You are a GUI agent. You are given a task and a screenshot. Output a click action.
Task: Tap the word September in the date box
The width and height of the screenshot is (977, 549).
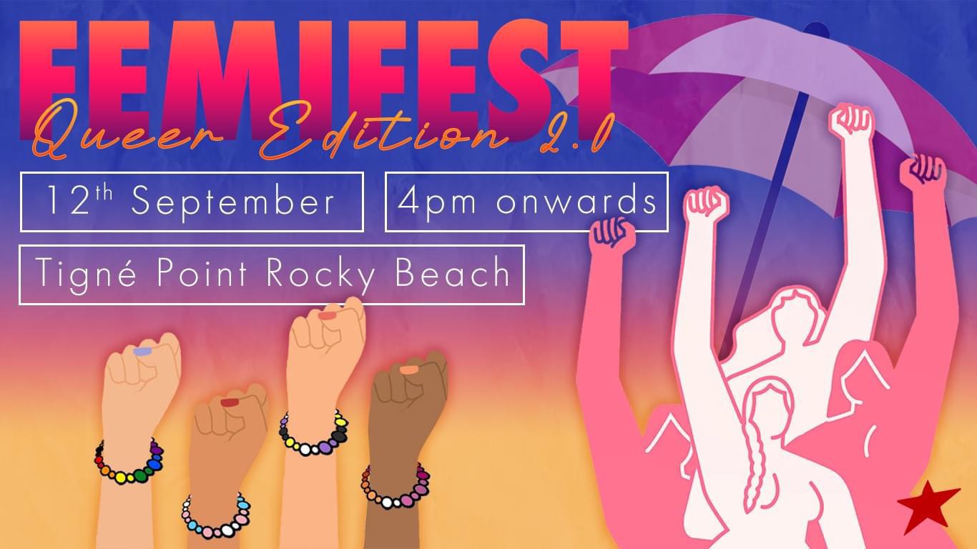(x=233, y=202)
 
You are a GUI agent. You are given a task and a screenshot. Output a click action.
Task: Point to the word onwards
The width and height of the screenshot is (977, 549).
(x=576, y=201)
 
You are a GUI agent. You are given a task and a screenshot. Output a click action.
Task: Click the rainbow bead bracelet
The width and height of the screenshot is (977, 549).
(x=129, y=463)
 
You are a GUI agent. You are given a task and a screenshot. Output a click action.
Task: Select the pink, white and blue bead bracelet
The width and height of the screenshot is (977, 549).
(x=216, y=517)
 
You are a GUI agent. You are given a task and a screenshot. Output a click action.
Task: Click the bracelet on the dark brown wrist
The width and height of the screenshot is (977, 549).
(x=396, y=487)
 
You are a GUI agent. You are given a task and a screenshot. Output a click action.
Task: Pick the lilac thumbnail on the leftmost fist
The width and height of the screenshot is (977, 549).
(x=142, y=351)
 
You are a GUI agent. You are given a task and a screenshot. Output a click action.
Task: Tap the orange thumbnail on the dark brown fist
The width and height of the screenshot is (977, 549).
(x=409, y=370)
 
